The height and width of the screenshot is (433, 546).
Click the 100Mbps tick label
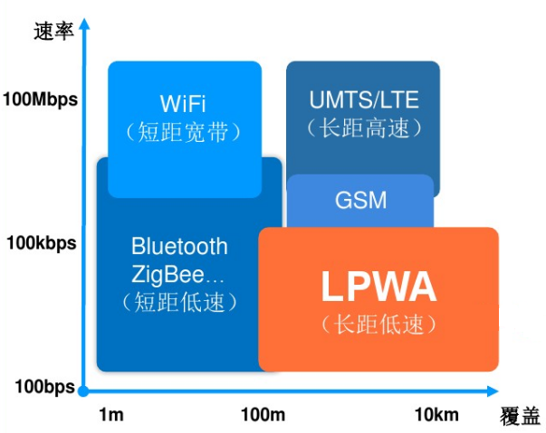tap(41, 99)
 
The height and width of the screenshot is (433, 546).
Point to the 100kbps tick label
tap(42, 242)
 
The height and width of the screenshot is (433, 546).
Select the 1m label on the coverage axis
tap(110, 415)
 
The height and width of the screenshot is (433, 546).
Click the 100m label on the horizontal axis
tap(263, 415)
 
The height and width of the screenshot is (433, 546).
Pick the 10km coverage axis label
tap(436, 415)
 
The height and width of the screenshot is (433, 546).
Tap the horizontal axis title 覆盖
tap(520, 417)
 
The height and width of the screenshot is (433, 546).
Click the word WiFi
tap(184, 101)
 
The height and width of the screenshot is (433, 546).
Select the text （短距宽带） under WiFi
tap(184, 131)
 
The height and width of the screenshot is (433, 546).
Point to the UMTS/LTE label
tap(364, 99)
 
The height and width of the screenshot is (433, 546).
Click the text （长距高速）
tap(364, 128)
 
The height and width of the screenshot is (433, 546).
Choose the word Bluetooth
tap(179, 246)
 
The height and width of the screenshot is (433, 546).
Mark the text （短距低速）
tap(179, 300)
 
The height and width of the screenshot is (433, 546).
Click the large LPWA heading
tap(378, 287)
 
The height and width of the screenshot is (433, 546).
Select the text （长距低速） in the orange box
tap(378, 323)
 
